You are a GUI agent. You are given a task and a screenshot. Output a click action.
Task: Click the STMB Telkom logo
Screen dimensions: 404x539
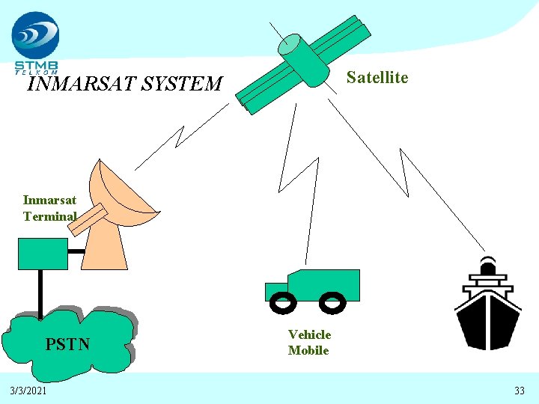35,41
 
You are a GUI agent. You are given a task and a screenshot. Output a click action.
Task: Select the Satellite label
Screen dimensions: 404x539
377,78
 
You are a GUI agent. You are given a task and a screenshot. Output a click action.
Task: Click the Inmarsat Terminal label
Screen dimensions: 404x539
49,208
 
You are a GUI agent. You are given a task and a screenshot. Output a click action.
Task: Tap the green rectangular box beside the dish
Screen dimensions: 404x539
42,254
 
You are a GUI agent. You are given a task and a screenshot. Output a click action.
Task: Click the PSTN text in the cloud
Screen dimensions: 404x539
67,344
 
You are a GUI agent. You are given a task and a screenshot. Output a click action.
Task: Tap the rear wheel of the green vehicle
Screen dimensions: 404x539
331,302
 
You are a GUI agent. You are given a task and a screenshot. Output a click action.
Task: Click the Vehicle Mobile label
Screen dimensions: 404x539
309,343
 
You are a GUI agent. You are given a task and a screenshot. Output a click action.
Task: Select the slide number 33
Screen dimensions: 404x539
520,391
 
